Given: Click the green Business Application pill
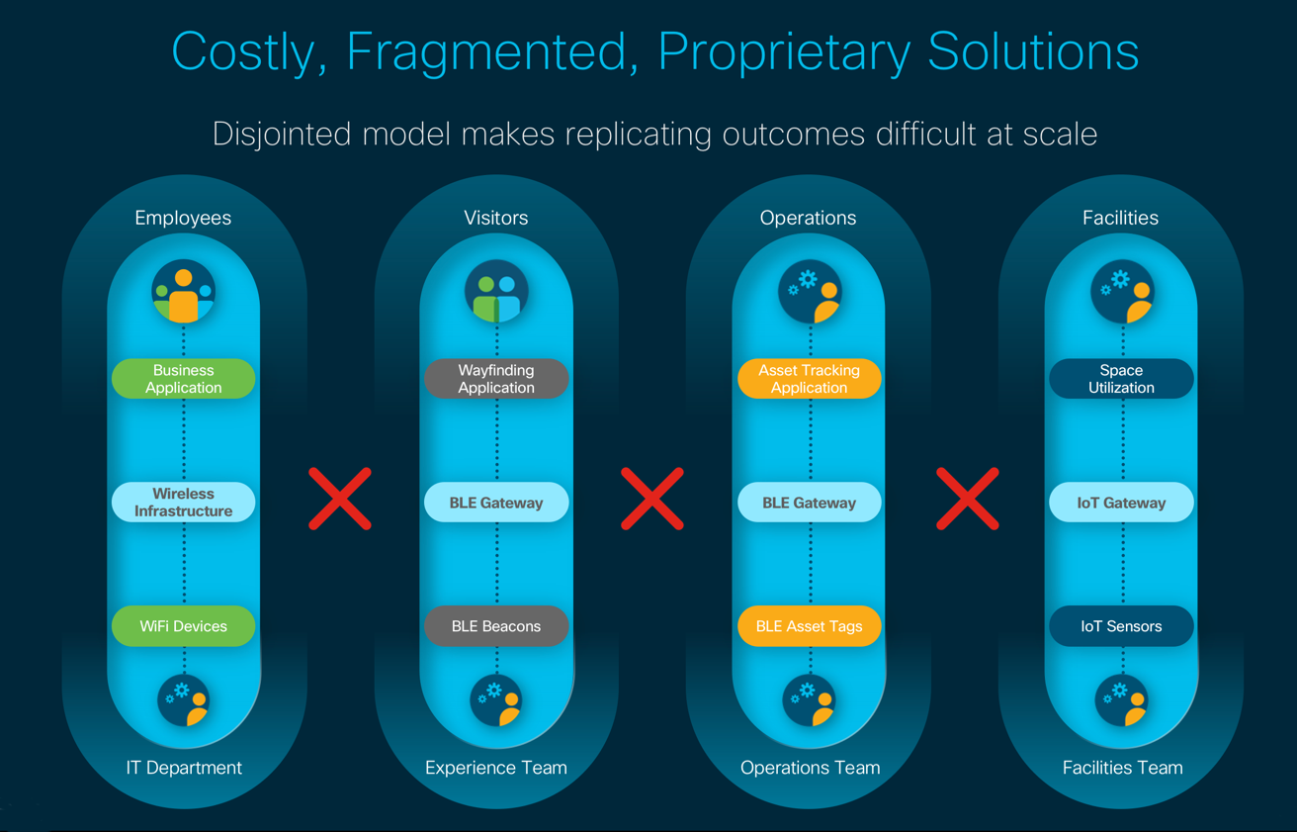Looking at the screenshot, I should coord(183,379).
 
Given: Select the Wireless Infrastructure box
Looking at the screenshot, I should coord(183,503).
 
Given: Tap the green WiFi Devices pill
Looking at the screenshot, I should coord(183,626).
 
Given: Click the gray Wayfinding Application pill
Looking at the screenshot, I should coord(496,379).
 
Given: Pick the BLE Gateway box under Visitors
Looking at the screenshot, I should coord(496,503).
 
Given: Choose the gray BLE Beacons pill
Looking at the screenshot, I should coord(496,626).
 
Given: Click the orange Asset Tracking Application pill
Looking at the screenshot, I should coord(809,379).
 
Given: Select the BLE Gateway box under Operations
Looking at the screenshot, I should coord(809,503).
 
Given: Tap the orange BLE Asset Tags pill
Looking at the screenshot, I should coord(809,626).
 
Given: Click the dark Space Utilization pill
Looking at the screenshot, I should coord(1121,379).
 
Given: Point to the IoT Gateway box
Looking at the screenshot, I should coord(1121,503).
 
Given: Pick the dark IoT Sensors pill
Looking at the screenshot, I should coord(1121,626).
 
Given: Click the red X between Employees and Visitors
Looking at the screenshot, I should coord(340,499).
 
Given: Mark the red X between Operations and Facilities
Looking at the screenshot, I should coord(967,499).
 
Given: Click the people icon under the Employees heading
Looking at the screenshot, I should coord(184,293).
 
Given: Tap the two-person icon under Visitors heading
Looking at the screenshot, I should coord(496,293).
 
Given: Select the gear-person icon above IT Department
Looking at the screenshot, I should coord(184,700).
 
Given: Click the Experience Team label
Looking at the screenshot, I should coord(496,768).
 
